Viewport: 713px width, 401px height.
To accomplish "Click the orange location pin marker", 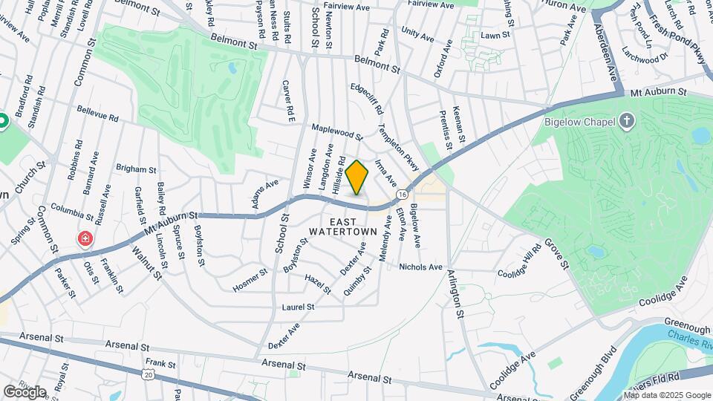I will [x=357, y=177].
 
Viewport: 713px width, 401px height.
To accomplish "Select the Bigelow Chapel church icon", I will [x=628, y=121].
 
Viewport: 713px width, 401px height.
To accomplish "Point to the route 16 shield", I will [x=401, y=193].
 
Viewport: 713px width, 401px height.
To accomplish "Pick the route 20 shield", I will [x=149, y=375].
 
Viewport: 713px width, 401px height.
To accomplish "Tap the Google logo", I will [x=25, y=391].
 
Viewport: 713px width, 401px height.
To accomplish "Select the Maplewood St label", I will [x=336, y=132].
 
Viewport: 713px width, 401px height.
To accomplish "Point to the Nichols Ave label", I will [x=420, y=267].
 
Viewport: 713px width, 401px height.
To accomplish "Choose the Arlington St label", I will [x=455, y=294].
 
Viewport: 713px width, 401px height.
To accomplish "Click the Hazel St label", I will [x=317, y=284].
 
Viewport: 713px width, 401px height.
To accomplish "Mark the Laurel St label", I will [x=299, y=306].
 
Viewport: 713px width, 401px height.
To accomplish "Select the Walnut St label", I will [x=146, y=261].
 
